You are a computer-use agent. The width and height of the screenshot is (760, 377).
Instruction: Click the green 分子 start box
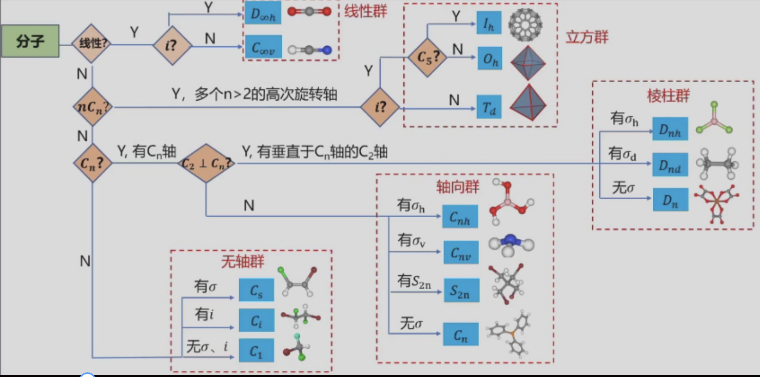tap(30, 42)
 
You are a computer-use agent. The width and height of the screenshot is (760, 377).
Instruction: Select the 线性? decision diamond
tap(91, 44)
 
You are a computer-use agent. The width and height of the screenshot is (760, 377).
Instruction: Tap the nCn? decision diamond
tap(92, 107)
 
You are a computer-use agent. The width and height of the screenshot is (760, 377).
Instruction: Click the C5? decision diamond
tap(427, 57)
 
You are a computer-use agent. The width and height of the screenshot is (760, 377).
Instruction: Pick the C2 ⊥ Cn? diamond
tap(206, 163)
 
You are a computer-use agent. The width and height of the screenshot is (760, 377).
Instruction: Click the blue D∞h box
tap(263, 14)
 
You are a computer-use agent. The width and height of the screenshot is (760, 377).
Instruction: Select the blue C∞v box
tap(263, 48)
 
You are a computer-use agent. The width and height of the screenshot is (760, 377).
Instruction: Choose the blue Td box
tap(489, 108)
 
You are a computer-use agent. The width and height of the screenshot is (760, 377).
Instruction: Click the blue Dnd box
tap(670, 165)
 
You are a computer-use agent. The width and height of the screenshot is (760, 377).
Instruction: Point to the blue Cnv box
tap(460, 253)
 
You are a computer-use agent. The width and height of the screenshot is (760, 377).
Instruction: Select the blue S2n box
tap(460, 291)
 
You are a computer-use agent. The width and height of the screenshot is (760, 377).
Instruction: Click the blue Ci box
tap(256, 321)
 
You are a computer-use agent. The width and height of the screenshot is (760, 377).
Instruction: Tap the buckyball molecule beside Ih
tap(525, 24)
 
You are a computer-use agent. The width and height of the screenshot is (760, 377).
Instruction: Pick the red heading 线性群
tap(365, 11)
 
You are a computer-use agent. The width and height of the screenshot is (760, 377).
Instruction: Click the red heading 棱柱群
tap(668, 96)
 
